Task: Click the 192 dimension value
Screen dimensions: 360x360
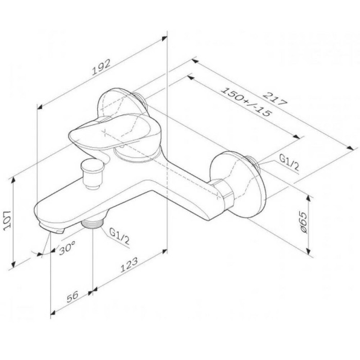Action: [101, 67]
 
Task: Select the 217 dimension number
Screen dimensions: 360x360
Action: [275, 99]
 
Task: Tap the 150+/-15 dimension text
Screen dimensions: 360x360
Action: [246, 102]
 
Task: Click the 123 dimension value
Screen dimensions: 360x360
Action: [129, 265]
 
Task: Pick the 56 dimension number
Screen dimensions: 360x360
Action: [73, 296]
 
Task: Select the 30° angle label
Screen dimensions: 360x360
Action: [67, 248]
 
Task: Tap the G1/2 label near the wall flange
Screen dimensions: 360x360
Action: [289, 163]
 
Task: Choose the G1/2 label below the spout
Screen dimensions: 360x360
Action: [119, 237]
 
